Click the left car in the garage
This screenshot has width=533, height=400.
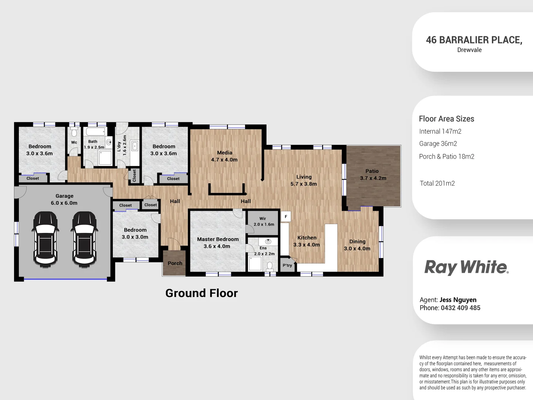[46, 239]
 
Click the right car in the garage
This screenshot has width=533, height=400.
[85, 239]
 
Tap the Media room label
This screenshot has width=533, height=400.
[224, 156]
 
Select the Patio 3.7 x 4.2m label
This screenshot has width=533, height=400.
[373, 174]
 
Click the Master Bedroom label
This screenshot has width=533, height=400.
[218, 243]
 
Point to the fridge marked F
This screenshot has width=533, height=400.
[286, 217]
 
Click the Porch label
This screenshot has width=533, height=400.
[175, 263]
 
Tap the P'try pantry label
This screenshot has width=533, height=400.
[287, 266]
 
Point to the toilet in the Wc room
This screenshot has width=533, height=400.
[74, 133]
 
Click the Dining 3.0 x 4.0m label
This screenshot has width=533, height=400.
[357, 245]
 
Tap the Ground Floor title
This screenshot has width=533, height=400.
[201, 293]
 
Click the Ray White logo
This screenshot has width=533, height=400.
[466, 267]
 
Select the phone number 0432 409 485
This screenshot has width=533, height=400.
[460, 308]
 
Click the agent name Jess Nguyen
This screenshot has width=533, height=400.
[458, 300]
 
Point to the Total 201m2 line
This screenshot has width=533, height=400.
[437, 183]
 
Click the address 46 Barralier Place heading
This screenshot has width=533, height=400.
[474, 40]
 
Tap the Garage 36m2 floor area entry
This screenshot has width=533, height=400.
[438, 144]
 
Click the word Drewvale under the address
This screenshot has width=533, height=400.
[469, 50]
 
